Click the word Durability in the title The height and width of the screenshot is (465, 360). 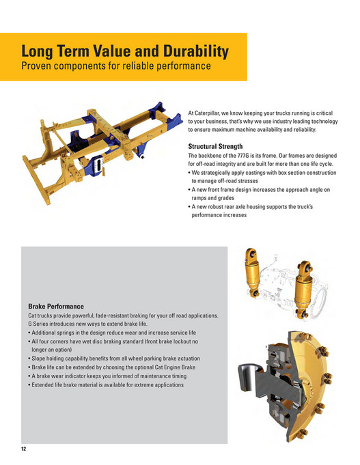[196, 52]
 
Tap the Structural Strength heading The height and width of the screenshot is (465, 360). [215, 146]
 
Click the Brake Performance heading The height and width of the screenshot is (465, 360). [56, 307]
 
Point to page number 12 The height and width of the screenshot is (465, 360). [24, 449]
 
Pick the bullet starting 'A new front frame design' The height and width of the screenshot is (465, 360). [259, 194]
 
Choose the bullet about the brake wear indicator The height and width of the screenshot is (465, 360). [107, 376]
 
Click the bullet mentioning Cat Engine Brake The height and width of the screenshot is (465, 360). [111, 367]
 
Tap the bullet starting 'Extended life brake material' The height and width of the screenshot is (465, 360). [106, 385]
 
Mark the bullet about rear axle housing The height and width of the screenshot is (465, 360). [251, 210]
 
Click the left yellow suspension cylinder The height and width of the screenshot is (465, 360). [253, 272]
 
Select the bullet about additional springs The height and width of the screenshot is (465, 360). [112, 333]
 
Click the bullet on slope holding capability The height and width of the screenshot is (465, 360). [114, 358]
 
